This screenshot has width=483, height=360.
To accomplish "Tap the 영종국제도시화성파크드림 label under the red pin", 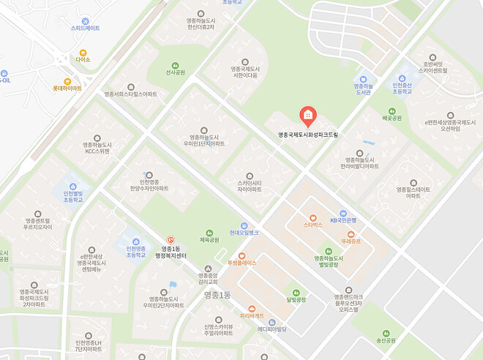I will (x=308, y=135).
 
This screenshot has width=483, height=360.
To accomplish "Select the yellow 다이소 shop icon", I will (x=83, y=53).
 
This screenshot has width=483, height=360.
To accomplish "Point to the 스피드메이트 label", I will (x=86, y=28).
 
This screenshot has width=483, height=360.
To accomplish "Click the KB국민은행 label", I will (x=342, y=220).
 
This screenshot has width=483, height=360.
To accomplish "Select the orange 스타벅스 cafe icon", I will (x=313, y=217).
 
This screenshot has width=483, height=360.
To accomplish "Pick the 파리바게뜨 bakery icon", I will (x=252, y=308).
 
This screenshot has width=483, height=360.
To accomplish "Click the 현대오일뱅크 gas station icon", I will (x=244, y=225).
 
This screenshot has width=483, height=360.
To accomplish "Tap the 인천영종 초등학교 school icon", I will (x=135, y=241).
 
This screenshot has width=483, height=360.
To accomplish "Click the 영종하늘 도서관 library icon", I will (x=364, y=79).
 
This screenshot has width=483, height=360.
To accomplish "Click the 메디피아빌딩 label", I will (x=272, y=329).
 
